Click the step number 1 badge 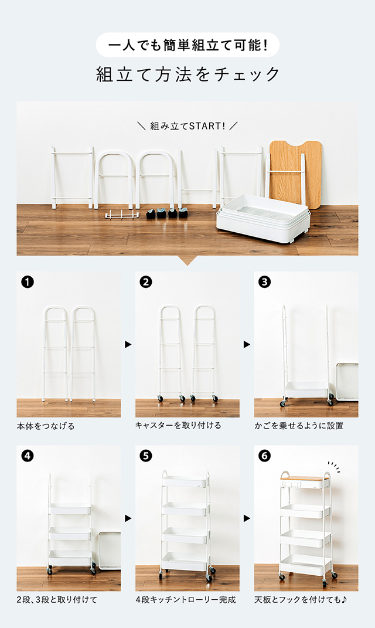(x=27, y=282)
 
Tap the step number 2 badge (x=146, y=282)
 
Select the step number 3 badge (x=264, y=282)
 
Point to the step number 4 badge (x=27, y=456)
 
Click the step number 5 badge (x=146, y=456)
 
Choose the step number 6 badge (x=264, y=456)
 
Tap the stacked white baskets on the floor (x=262, y=218)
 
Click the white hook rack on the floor (x=122, y=215)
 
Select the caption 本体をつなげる (x=46, y=426)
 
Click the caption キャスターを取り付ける (x=178, y=425)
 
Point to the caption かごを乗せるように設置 (x=299, y=425)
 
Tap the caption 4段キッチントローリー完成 (x=186, y=600)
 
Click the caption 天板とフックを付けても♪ (x=301, y=600)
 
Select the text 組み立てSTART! (x=187, y=126)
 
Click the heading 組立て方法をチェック (x=187, y=74)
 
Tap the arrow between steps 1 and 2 (x=128, y=344)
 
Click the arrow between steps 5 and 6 (x=247, y=518)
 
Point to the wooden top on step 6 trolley (x=305, y=478)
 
